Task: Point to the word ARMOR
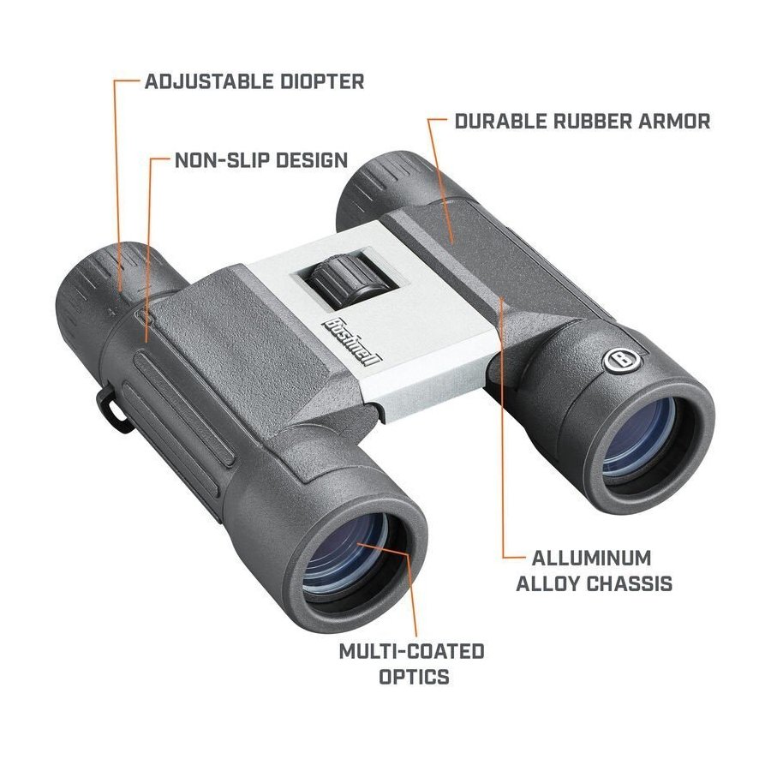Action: click(x=673, y=122)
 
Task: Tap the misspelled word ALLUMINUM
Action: click(x=592, y=558)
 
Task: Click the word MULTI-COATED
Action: click(x=411, y=651)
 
